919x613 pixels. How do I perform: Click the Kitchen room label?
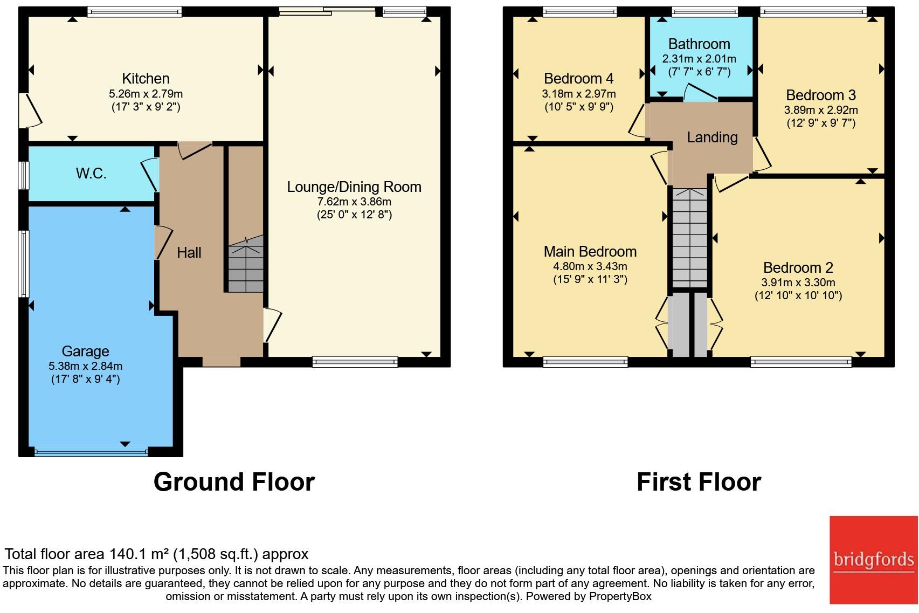[x=146, y=79]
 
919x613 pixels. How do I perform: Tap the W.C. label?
[x=91, y=174]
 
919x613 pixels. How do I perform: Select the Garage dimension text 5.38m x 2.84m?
[x=85, y=366]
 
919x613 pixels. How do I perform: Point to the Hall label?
[x=189, y=252]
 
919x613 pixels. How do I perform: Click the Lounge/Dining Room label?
[x=354, y=187]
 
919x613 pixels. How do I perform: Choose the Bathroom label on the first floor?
[x=699, y=44]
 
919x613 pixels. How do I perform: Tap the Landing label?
[x=712, y=137]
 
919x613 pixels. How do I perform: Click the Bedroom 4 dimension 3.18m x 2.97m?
[x=578, y=94]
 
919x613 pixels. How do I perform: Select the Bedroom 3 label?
[x=820, y=95]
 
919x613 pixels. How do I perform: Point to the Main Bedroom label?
[x=590, y=252]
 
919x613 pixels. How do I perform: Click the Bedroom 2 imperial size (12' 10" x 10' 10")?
[x=798, y=295]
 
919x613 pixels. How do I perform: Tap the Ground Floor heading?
[x=234, y=482]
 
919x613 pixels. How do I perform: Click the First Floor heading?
[x=699, y=482]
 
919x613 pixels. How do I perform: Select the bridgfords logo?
[x=873, y=560]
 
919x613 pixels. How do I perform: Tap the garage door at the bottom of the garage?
[x=91, y=452]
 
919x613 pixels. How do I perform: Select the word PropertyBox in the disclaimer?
[x=620, y=596]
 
